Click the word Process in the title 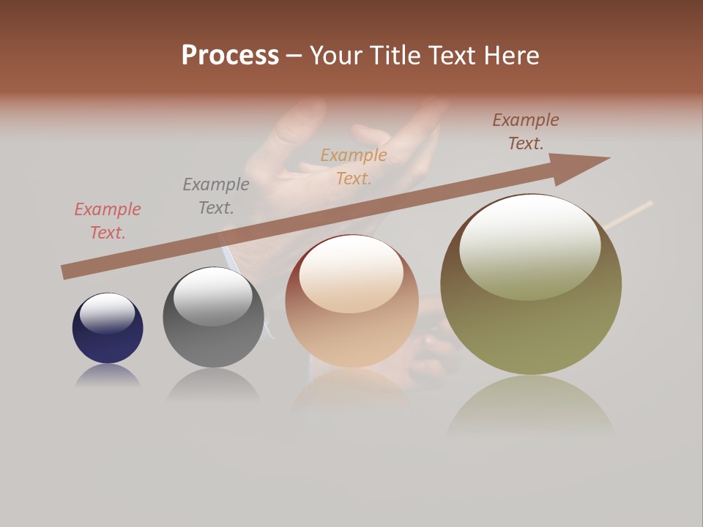[230, 56]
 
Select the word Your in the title [335, 56]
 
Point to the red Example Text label [108, 221]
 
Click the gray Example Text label [215, 196]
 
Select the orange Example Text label [354, 167]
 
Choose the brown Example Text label [526, 132]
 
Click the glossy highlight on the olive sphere [529, 245]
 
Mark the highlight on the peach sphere [351, 272]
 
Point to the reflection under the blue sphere [108, 376]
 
